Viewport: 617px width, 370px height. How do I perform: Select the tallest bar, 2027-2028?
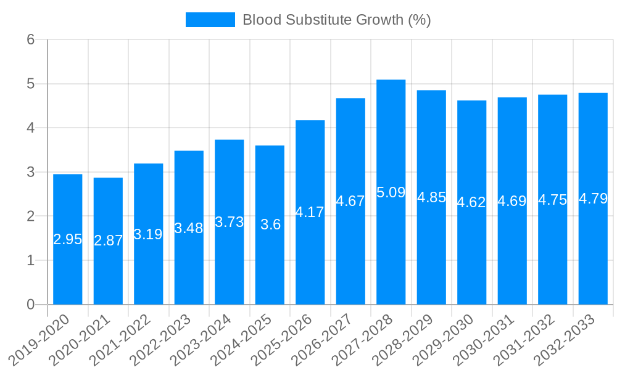pos(391,192)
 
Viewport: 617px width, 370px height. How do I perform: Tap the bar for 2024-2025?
pos(270,225)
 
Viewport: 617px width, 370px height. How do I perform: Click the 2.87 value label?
pos(108,241)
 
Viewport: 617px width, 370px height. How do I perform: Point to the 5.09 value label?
pos(391,192)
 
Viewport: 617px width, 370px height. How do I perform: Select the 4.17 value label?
pos(310,212)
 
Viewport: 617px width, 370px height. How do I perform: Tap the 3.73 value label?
pos(229,222)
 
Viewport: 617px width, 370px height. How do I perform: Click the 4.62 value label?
pos(471,202)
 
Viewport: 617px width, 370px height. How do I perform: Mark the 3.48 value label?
pos(189,228)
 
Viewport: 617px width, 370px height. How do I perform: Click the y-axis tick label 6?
pos(30,39)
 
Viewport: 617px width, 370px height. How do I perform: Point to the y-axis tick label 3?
pos(30,172)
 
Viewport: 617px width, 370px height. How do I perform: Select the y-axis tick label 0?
pos(30,305)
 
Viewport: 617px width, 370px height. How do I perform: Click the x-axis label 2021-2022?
pos(128,339)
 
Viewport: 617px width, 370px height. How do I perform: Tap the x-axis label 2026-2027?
pos(330,339)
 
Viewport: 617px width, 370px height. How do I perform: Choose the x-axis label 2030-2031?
pos(492,339)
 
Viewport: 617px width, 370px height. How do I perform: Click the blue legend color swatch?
pos(210,20)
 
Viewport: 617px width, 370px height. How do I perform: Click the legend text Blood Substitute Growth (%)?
pos(336,20)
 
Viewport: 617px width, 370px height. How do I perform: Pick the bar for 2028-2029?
pos(431,197)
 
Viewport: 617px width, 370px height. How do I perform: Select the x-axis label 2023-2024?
pos(209,339)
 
